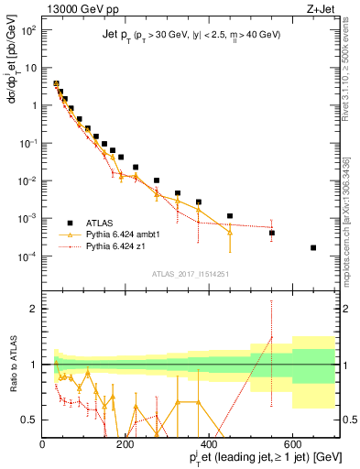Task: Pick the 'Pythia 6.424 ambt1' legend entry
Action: [119, 234]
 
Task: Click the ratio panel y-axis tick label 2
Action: [33, 309]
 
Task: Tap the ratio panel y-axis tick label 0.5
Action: [29, 419]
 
